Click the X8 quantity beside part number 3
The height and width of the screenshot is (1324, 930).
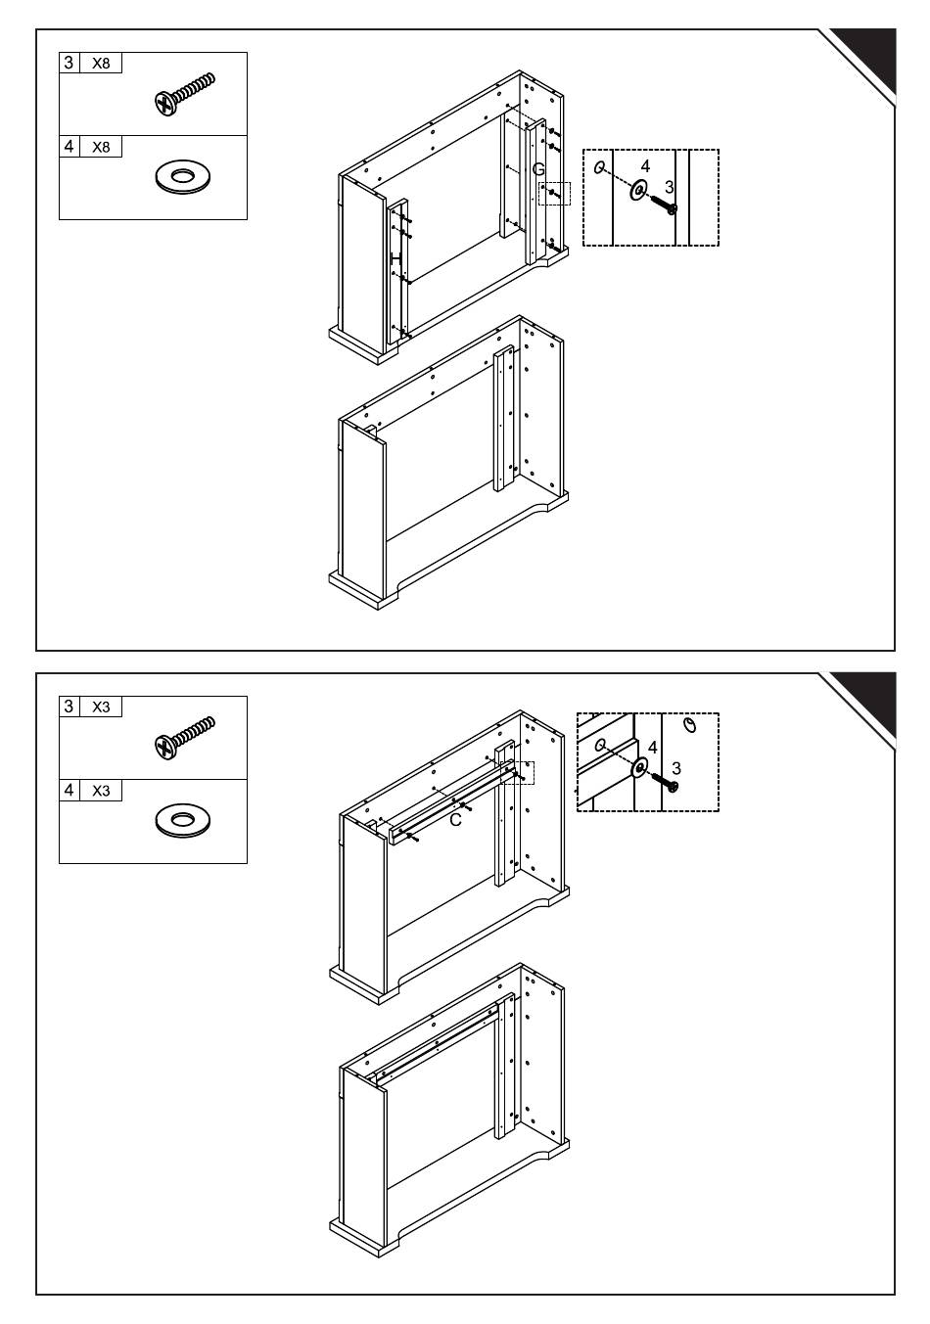[x=101, y=64]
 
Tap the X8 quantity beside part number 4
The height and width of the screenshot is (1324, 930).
[x=101, y=147]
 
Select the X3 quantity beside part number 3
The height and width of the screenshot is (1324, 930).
[x=101, y=707]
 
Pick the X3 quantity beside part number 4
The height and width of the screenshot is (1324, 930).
[x=101, y=791]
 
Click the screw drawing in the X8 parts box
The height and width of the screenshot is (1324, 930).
[x=184, y=94]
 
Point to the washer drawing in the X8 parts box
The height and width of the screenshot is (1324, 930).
[x=182, y=175]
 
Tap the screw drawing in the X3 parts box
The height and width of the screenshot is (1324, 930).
[x=184, y=738]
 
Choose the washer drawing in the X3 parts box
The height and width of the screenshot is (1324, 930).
[x=182, y=820]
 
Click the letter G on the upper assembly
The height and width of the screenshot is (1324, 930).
[x=538, y=169]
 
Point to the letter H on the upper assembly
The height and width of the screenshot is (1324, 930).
[x=395, y=258]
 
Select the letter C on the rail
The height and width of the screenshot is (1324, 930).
[x=455, y=820]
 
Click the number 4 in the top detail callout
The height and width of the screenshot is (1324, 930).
[x=645, y=166]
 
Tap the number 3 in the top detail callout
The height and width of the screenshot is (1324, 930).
[x=669, y=187]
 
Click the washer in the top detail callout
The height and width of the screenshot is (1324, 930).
[x=638, y=190]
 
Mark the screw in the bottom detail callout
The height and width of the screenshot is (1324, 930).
[x=665, y=782]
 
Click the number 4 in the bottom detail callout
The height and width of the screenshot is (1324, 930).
[x=652, y=748]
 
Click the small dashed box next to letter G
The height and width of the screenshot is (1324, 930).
[x=554, y=194]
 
